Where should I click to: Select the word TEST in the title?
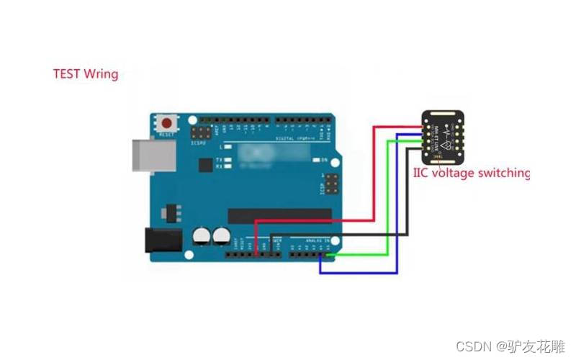pos(67,73)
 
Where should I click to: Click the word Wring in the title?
pos(102,74)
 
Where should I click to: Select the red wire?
pos(374,180)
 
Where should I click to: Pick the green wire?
pos(388,202)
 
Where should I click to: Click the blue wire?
pos(397,216)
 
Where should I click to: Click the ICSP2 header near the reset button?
pos(199,134)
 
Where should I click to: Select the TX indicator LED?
pos(228,159)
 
